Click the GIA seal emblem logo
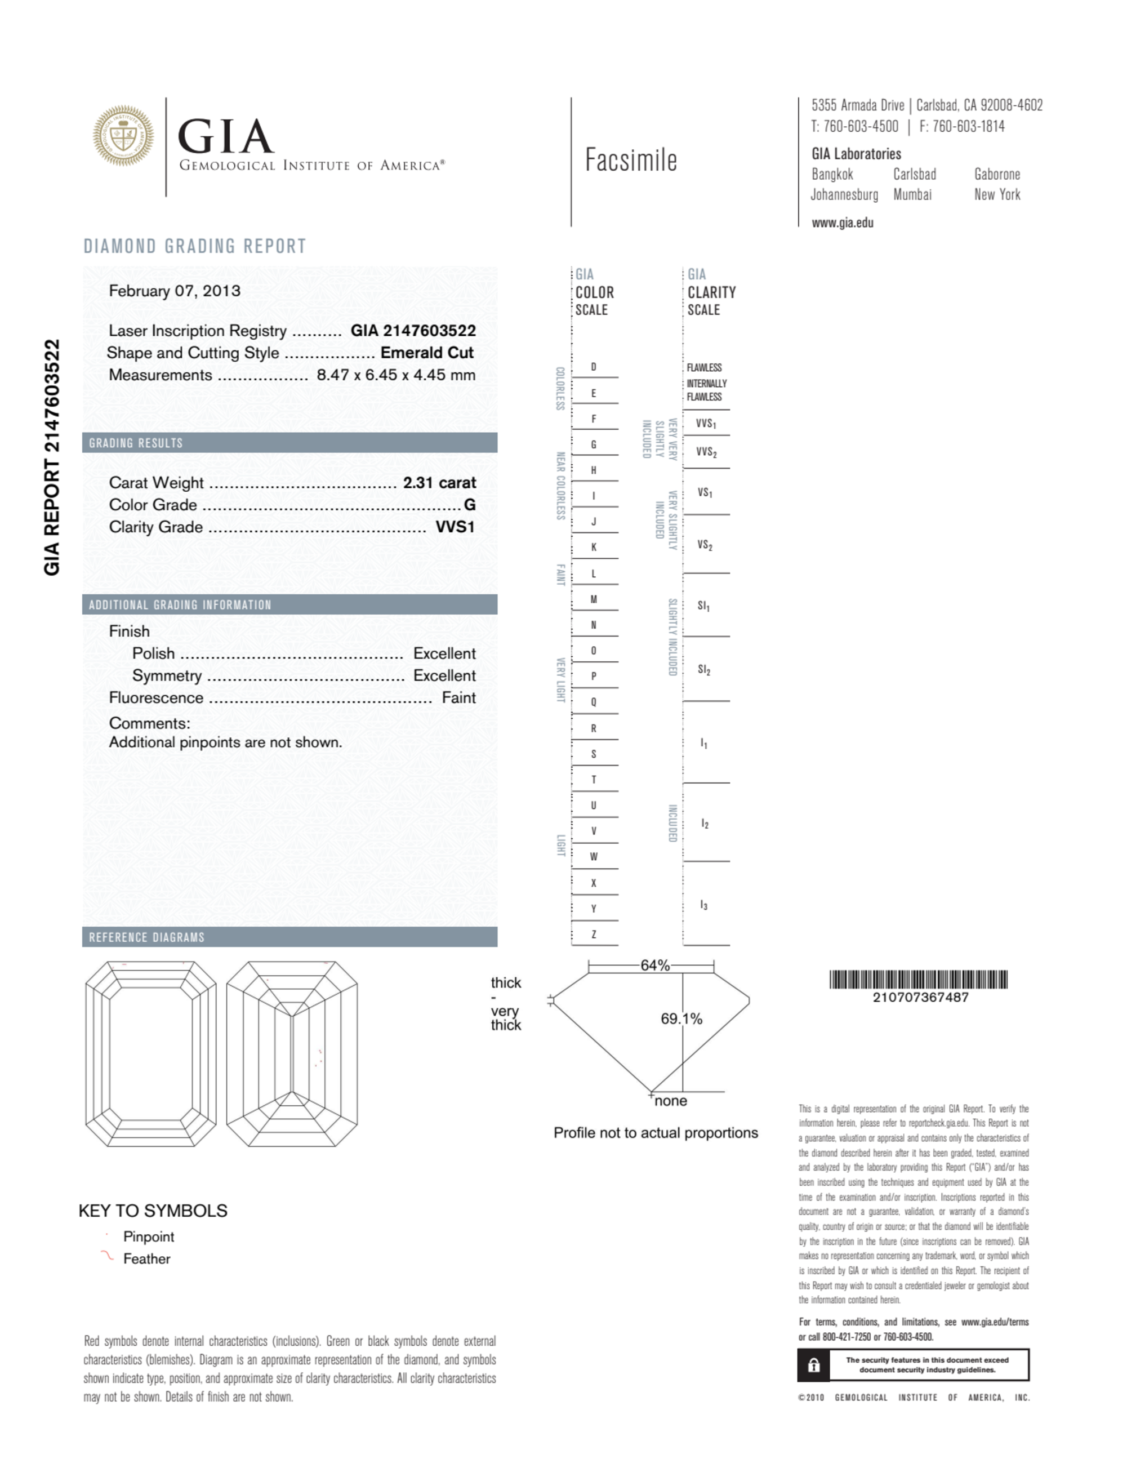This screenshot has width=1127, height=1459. coord(123,136)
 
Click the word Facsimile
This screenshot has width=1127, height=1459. coord(631,161)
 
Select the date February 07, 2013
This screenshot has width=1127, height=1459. coord(175,291)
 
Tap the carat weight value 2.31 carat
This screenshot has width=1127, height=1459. coord(439,482)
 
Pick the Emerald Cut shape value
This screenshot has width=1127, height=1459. coord(427,353)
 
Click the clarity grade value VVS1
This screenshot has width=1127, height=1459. coord(455,526)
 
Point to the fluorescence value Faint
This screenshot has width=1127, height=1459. coord(458,697)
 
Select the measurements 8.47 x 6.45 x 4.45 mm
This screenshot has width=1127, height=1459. coord(396,375)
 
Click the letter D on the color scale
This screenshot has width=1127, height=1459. coord(593,367)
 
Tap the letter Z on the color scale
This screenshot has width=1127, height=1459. coord(593,934)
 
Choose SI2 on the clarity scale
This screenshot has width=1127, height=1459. coord(704,669)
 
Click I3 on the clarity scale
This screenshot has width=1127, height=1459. coord(704,905)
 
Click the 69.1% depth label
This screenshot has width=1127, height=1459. coord(681,1018)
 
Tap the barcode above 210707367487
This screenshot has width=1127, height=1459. coord(919,980)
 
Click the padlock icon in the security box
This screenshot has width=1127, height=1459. coord(814,1365)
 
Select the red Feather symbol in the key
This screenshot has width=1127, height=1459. coord(107,1256)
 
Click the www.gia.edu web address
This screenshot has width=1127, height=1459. coord(843,223)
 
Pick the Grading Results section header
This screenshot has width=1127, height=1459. coord(136,443)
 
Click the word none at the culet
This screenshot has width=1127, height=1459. coord(671,1101)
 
